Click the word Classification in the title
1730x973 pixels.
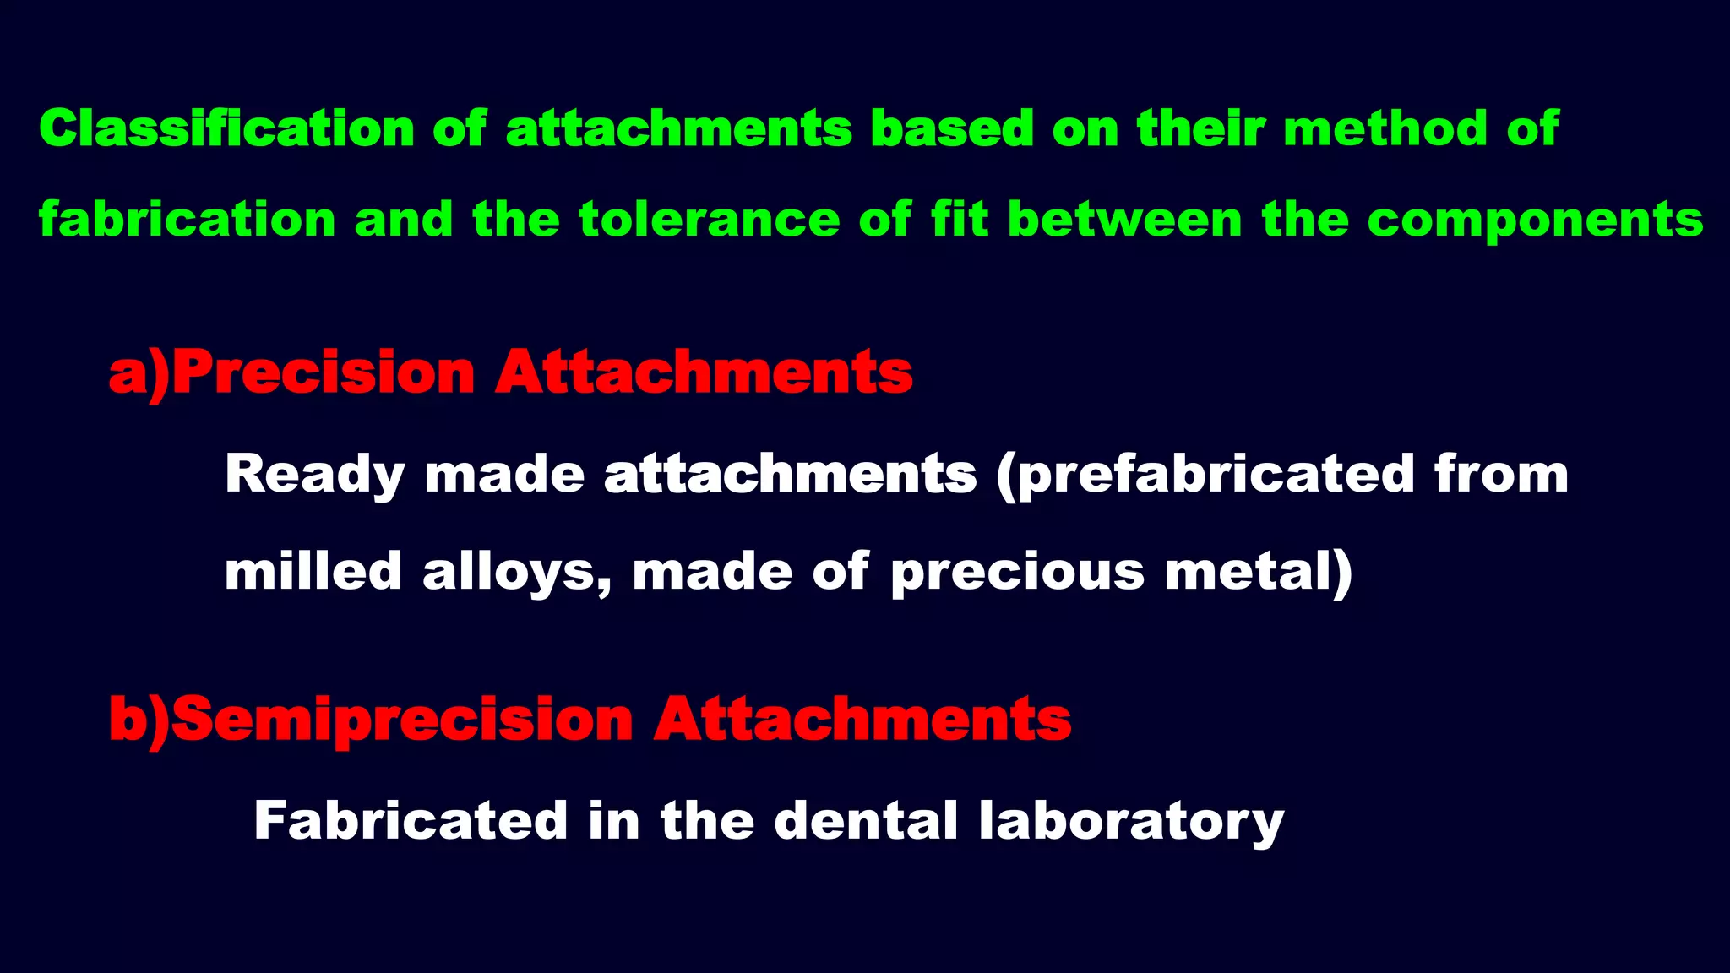pyautogui.click(x=226, y=129)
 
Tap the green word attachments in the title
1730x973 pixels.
pyautogui.click(x=679, y=129)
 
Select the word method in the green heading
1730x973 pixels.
pyautogui.click(x=1385, y=129)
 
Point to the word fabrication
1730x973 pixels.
pyautogui.click(x=188, y=220)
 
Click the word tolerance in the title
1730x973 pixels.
pyautogui.click(x=710, y=220)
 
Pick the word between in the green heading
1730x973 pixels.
pyautogui.click(x=1125, y=220)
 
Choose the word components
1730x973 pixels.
pyautogui.click(x=1535, y=221)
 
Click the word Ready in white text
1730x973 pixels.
pyautogui.click(x=315, y=475)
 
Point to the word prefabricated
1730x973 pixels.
pyautogui.click(x=1216, y=475)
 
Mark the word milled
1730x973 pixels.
pyautogui.click(x=313, y=572)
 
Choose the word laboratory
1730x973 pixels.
pyautogui.click(x=1131, y=822)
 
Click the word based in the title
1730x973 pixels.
pyautogui.click(x=952, y=129)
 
